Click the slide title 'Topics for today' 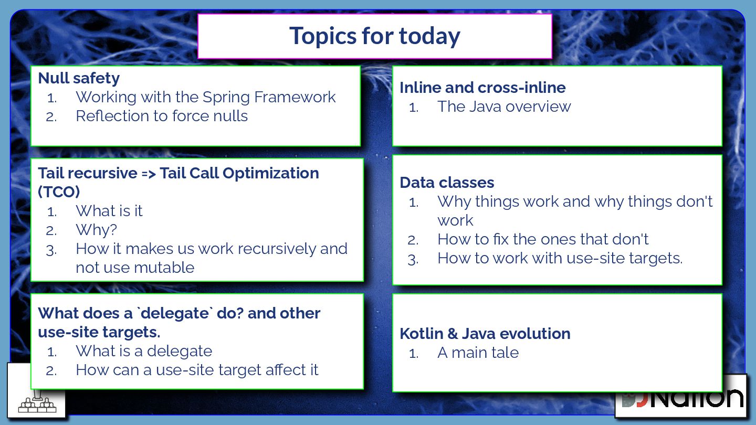click(x=375, y=36)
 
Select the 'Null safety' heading click(x=79, y=78)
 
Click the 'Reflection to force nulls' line click(x=162, y=116)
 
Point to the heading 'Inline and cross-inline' click(x=482, y=88)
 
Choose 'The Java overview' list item click(x=504, y=107)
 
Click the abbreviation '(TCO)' click(x=59, y=192)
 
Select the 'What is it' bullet click(x=109, y=211)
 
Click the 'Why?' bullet click(x=96, y=230)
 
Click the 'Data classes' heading click(x=447, y=183)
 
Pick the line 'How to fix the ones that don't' click(x=543, y=239)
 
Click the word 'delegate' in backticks click(x=175, y=314)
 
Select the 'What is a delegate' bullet click(x=144, y=351)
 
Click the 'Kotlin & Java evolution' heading click(x=485, y=334)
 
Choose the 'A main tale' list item click(x=478, y=353)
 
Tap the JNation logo click(x=682, y=398)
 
